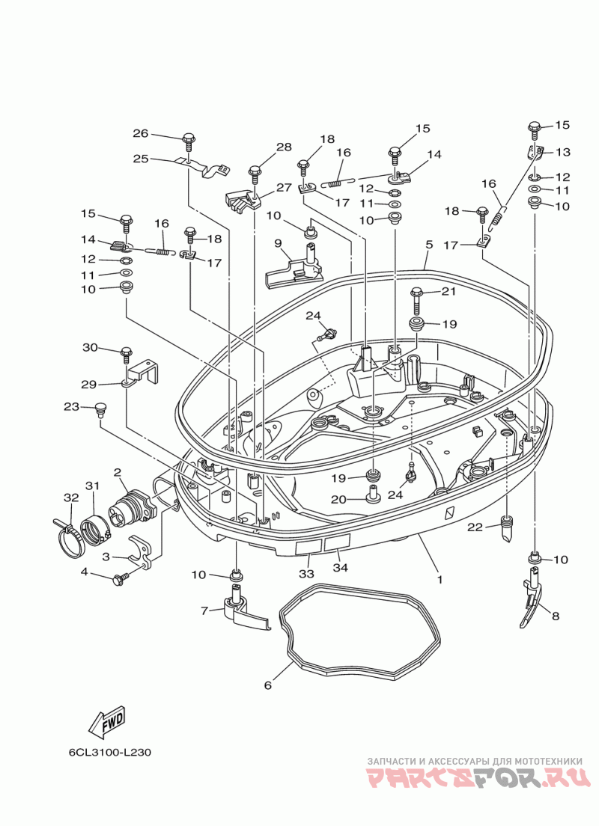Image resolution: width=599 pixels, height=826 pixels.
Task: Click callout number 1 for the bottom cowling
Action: pos(440,579)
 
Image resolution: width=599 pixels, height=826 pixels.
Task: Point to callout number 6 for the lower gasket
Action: pos(268,685)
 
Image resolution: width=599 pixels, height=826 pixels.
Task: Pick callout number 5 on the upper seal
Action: pos(429,245)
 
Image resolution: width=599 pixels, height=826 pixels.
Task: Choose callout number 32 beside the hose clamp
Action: pos(71,498)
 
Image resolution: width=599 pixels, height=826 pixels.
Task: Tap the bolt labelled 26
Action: pos(188,142)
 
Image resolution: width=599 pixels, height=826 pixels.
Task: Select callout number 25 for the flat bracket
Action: pos(141,158)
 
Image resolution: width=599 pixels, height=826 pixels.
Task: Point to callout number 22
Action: pos(475,527)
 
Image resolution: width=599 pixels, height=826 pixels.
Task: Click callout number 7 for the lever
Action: pos(204,611)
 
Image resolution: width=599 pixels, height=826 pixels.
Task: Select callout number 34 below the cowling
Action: pos(341,567)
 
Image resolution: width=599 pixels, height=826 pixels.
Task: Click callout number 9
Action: pos(278,243)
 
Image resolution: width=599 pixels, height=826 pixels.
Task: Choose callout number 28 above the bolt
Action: pos(284,147)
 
